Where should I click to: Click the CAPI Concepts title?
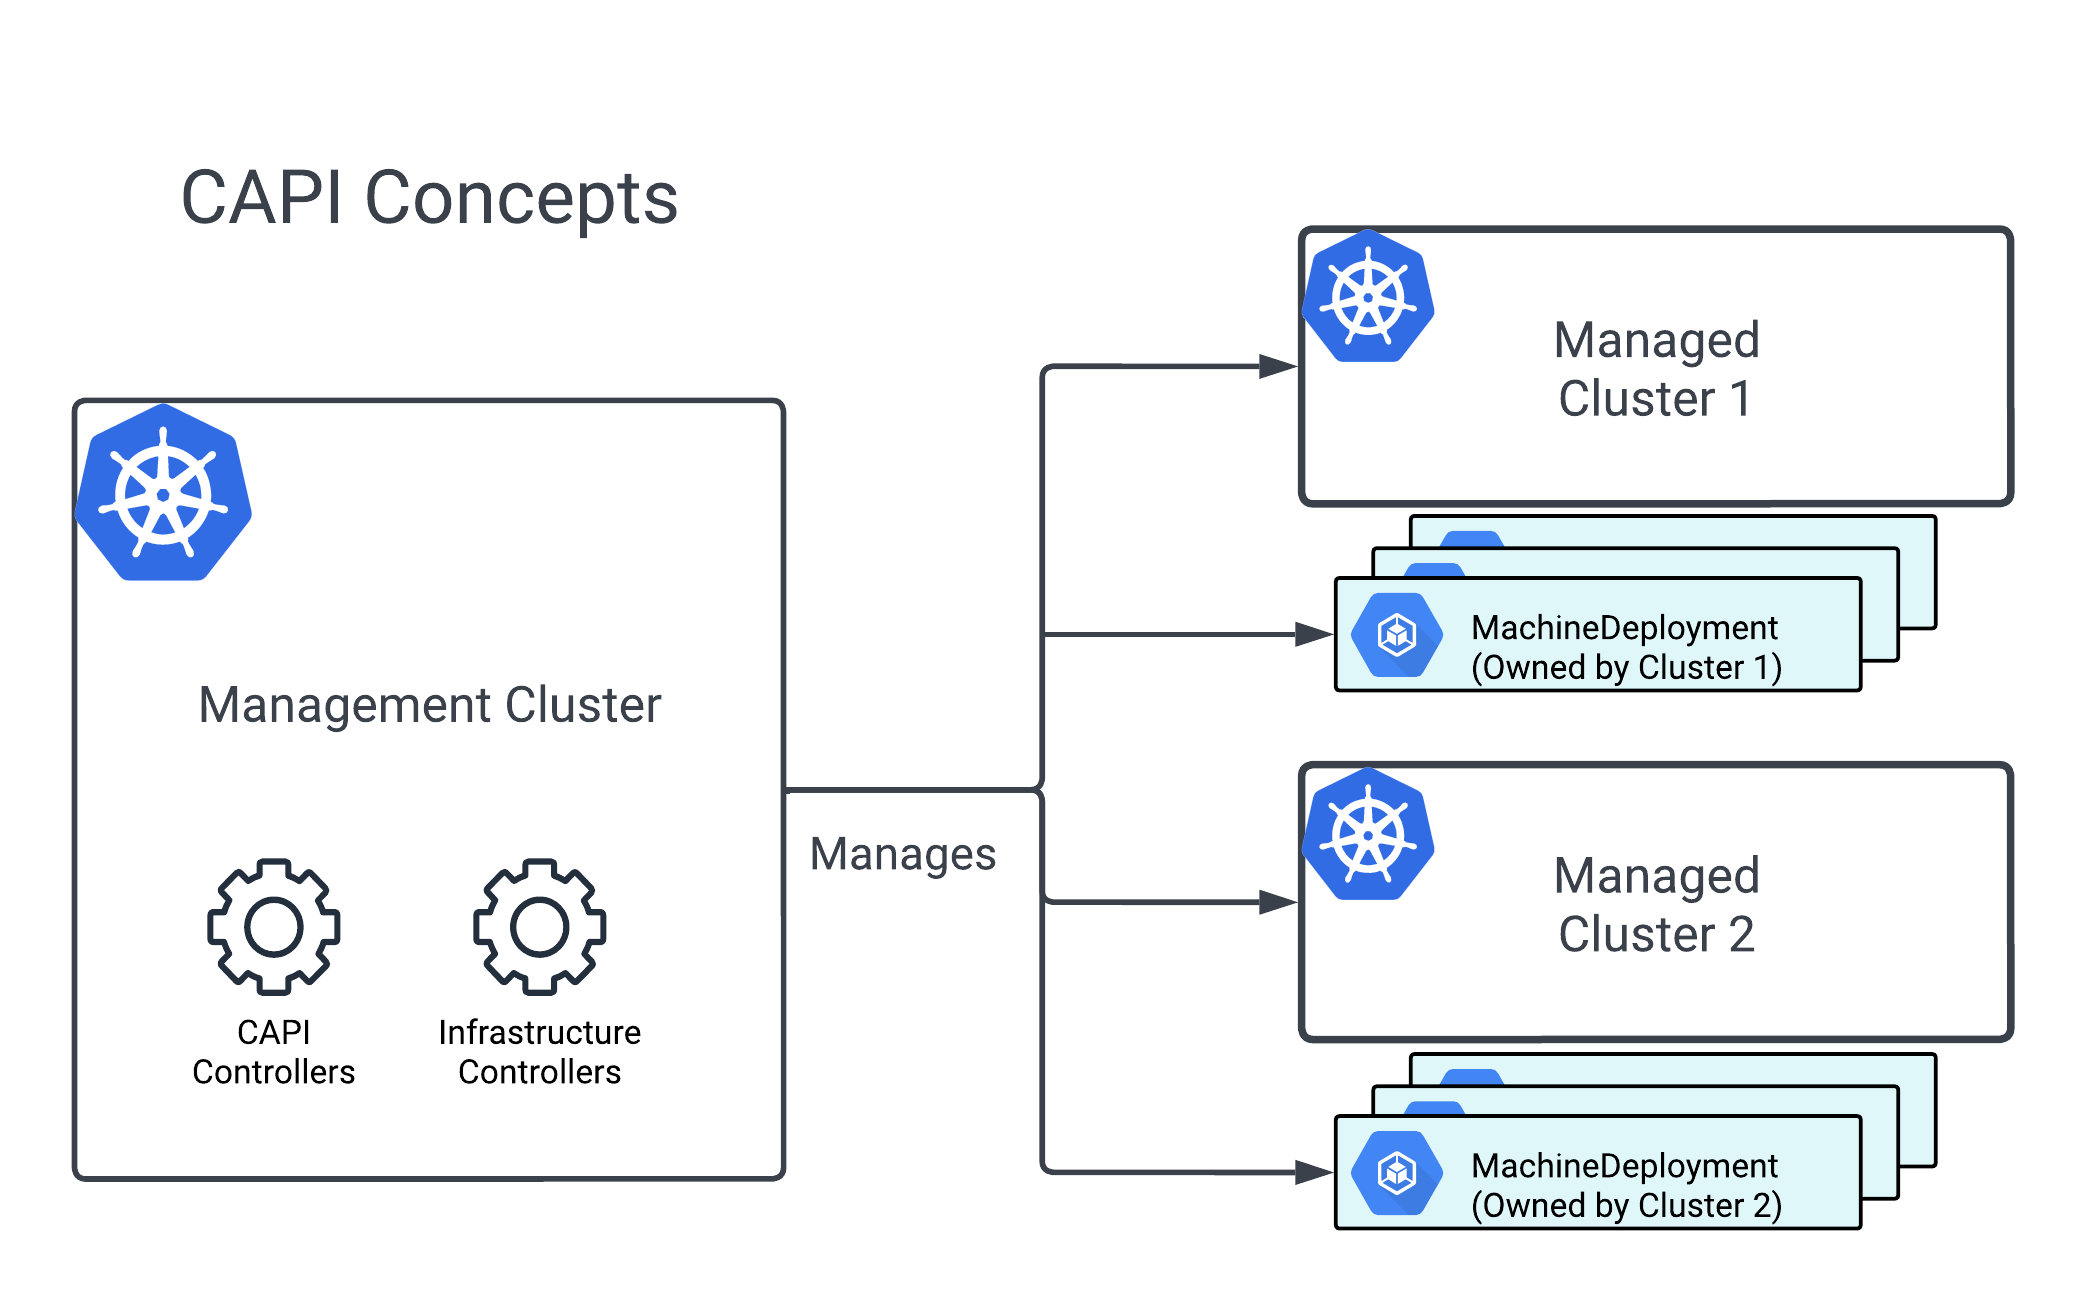point(429,198)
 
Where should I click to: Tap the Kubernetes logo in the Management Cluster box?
point(163,493)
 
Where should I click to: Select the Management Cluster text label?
point(429,705)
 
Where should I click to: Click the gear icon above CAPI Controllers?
point(273,926)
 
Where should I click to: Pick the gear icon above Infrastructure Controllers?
point(539,926)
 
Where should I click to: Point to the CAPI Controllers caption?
point(273,1052)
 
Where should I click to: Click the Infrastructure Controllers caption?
point(539,1052)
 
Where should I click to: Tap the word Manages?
point(902,855)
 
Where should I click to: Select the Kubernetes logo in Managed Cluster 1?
point(1368,297)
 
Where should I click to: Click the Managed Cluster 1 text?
point(1656,369)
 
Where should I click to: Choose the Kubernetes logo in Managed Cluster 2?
point(1368,834)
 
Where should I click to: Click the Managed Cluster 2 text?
point(1656,905)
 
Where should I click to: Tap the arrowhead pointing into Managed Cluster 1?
point(1278,366)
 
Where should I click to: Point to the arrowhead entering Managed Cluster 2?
point(1278,902)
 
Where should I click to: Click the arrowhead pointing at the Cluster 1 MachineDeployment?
point(1313,634)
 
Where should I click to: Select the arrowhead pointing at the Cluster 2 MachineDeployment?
point(1313,1172)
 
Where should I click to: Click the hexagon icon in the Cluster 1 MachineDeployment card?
point(1396,634)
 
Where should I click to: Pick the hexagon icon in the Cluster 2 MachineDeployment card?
point(1396,1172)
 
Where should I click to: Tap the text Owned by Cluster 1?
point(1626,667)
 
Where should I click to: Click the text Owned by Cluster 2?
point(1626,1205)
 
